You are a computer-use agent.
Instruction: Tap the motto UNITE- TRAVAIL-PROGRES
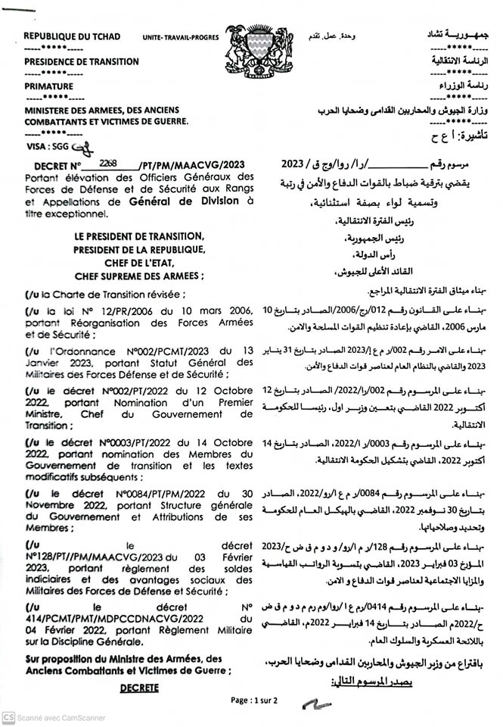click(x=181, y=37)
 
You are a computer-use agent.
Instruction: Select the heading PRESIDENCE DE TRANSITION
click(x=81, y=61)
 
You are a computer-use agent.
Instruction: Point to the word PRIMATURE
click(x=48, y=86)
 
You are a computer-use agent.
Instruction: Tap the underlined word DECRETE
click(x=139, y=687)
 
